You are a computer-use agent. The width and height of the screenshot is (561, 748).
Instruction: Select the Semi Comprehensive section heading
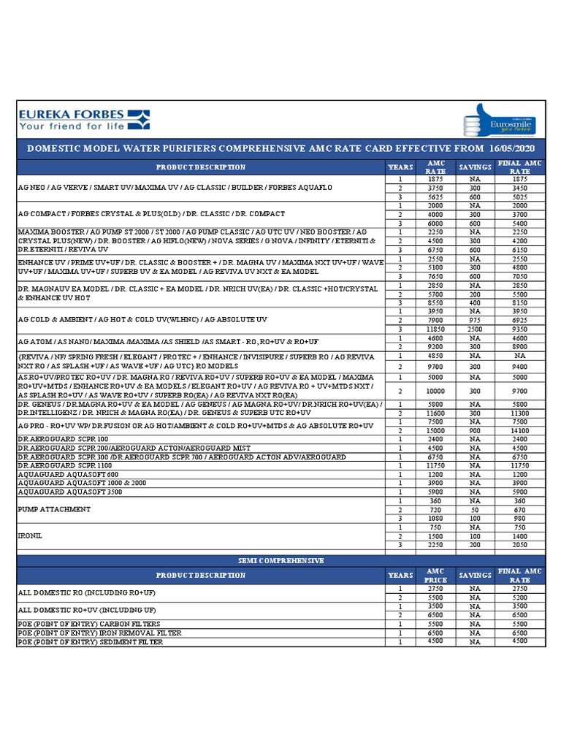point(280,560)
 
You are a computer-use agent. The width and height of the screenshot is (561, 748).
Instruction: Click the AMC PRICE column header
point(435,575)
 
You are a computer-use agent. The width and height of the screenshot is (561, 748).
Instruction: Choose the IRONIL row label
point(31,535)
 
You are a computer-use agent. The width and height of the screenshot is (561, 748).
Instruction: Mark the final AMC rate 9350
point(519,329)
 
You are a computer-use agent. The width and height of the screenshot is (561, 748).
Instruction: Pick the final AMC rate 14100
point(519,430)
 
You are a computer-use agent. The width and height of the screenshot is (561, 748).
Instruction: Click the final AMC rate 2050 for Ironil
point(519,544)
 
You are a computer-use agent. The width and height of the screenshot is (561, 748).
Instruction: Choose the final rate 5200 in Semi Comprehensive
point(519,597)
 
